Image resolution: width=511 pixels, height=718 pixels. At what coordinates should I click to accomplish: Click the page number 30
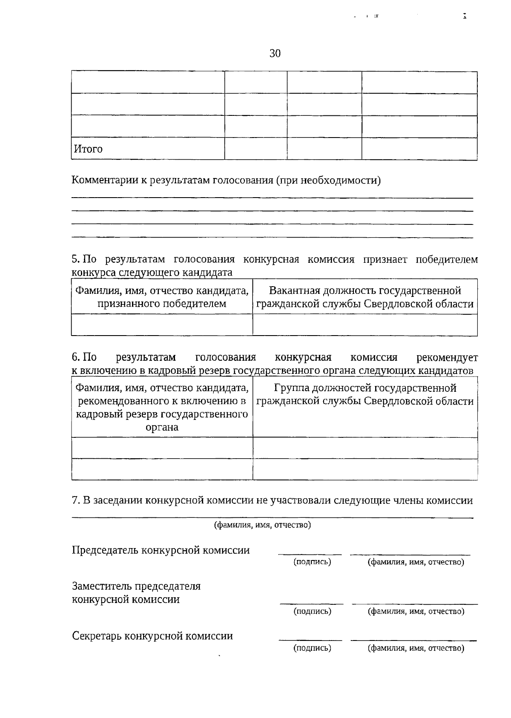275,54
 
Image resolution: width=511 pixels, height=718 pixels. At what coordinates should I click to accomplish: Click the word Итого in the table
89,149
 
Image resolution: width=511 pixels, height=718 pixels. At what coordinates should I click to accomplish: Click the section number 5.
75,259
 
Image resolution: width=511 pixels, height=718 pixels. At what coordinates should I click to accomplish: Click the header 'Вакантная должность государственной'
365,291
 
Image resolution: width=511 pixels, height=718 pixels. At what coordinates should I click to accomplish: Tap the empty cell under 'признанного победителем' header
162,325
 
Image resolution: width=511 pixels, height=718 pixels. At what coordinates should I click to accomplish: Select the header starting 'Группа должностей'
365,388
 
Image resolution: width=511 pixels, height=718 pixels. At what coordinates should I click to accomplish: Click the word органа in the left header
162,427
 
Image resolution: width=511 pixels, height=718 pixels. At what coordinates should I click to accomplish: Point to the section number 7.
75,500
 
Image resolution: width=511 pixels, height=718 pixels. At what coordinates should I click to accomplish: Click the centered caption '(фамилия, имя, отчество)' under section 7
262,525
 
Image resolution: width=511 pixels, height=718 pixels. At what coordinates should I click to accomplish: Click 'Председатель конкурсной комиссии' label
161,550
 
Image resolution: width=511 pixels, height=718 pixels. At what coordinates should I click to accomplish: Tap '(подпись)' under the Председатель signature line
312,562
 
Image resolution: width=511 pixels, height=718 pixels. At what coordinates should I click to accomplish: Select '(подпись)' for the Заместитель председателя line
312,612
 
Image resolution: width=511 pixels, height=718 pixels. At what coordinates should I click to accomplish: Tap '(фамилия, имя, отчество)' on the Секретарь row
416,649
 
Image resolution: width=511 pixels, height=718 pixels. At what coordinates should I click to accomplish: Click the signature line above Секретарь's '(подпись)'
310,640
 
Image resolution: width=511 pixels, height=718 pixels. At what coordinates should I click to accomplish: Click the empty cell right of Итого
255,149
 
